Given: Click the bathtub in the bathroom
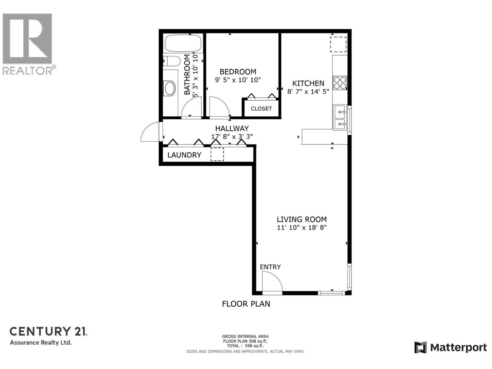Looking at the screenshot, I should point(184,43).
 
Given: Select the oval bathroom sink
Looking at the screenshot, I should point(170,89).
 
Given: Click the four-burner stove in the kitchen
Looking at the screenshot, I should point(340,83).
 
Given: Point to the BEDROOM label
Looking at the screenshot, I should point(238,72).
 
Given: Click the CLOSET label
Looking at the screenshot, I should point(261,109).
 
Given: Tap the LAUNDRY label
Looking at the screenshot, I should point(184,155).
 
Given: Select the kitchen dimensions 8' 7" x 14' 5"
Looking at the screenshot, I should point(308,92).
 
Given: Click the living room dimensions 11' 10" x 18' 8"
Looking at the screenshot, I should point(301,228).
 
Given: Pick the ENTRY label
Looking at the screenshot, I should point(270,267).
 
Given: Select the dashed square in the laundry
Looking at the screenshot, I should point(217,154).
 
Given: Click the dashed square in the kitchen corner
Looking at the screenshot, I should point(338,44).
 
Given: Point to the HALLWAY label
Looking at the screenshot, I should point(232,129).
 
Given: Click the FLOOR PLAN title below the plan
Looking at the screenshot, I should point(246,304).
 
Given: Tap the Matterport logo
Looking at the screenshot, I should point(450,347).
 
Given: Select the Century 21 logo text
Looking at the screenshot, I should point(48,331).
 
